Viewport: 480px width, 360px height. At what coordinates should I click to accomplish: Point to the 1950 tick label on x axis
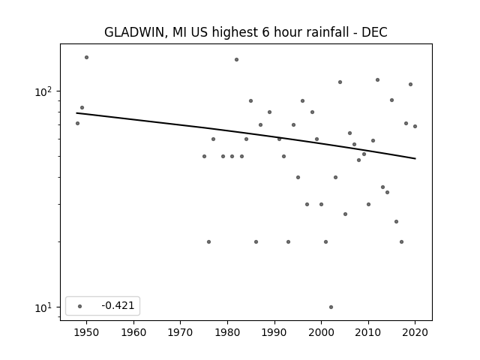[87, 332]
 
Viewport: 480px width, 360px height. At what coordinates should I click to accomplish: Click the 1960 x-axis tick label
[133, 332]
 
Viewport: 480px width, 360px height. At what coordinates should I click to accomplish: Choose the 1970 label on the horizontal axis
[180, 332]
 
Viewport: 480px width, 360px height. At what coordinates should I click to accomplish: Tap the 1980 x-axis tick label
[227, 332]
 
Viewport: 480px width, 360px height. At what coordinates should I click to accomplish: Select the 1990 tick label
[274, 332]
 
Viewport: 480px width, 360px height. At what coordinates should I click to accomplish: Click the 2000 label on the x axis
[321, 332]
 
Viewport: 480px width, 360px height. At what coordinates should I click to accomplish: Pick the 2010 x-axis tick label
[368, 332]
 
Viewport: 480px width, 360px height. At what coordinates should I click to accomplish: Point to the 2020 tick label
[415, 332]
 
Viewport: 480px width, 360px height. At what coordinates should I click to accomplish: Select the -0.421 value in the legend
[118, 305]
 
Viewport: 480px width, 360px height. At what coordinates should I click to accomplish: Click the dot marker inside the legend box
[80, 306]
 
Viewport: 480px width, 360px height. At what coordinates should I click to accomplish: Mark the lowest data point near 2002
[331, 307]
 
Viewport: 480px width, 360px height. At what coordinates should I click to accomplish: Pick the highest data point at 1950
[87, 57]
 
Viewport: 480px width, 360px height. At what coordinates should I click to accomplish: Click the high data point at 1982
[237, 60]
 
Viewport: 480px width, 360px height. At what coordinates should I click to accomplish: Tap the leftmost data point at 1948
[77, 123]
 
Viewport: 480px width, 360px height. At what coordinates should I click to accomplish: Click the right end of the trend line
[415, 158]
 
